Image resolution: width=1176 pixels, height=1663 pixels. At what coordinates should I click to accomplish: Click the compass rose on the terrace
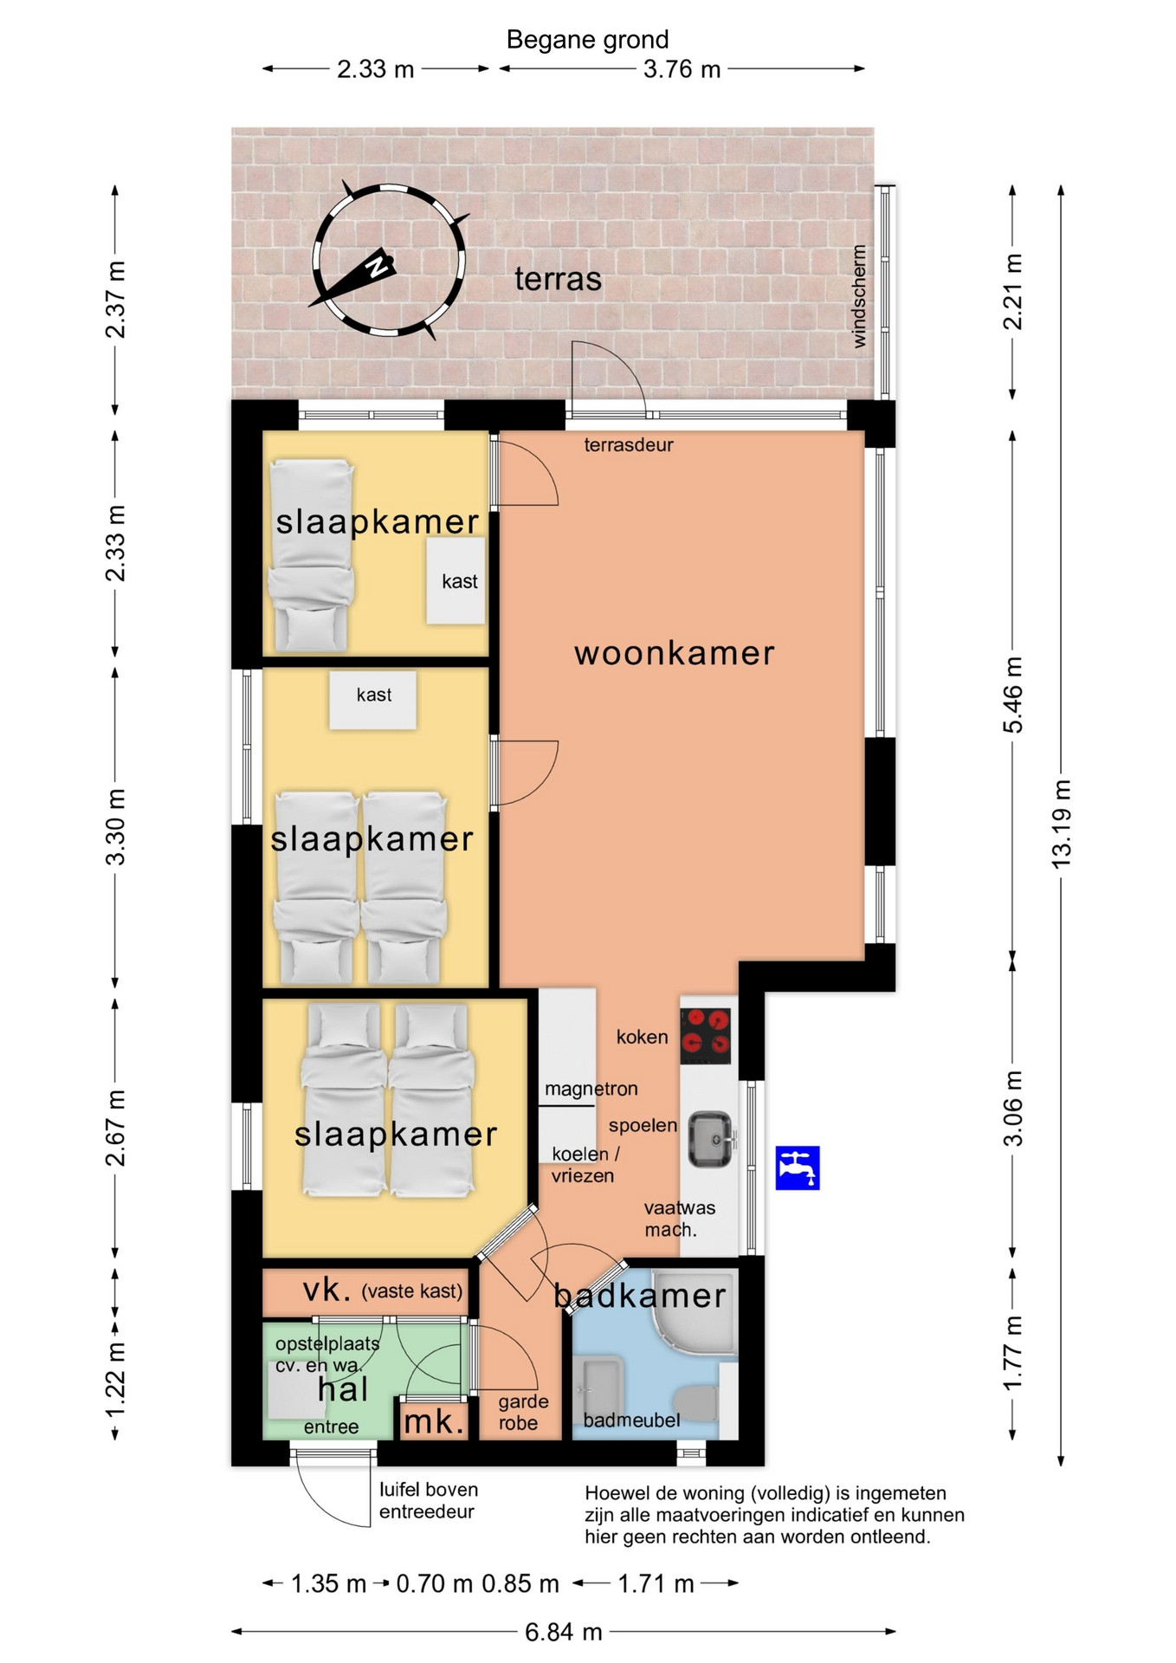[x=389, y=260]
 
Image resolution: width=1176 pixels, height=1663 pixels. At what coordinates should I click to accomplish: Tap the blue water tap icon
[x=798, y=1168]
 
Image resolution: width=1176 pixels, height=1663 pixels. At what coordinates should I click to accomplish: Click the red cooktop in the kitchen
[x=706, y=1036]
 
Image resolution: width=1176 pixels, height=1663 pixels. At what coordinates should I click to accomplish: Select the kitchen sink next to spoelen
[x=711, y=1139]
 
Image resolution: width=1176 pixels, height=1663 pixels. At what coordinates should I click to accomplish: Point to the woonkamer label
[x=675, y=653]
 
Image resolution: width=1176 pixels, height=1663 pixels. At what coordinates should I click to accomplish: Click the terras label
[x=559, y=279]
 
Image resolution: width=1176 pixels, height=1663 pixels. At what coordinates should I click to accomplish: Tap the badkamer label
[x=640, y=1296]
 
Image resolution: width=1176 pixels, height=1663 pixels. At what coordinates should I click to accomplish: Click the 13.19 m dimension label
[x=1061, y=824]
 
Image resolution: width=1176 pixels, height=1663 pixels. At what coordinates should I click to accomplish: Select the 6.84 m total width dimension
[x=564, y=1632]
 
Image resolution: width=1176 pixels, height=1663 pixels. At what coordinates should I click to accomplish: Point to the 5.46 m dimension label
[x=1013, y=696]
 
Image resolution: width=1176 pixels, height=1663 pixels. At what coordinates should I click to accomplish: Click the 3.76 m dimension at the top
[x=682, y=69]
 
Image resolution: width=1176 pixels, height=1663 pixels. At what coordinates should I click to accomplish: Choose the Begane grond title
[x=588, y=40]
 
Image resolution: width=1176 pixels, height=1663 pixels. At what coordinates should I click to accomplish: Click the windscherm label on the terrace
[x=859, y=296]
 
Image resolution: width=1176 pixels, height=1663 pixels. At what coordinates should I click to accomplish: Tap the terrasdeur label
[x=629, y=445]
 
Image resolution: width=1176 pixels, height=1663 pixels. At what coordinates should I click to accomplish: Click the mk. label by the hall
[x=434, y=1421]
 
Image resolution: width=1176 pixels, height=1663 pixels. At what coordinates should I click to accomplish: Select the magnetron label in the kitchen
[x=591, y=1089]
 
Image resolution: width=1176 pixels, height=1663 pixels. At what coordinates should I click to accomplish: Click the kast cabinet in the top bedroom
[x=456, y=580]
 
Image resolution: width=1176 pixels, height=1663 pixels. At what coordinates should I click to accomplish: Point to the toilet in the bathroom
[x=696, y=1401]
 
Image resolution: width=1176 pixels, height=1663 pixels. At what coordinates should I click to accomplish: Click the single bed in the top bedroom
[x=312, y=555]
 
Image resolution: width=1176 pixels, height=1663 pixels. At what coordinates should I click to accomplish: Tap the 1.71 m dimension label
[x=656, y=1584]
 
